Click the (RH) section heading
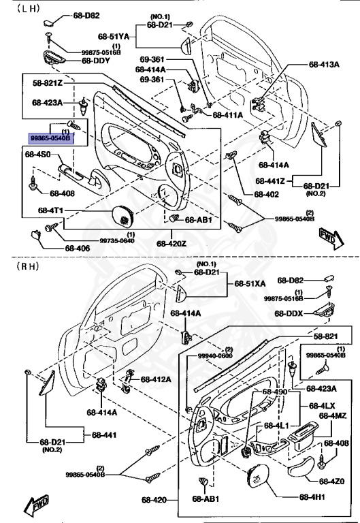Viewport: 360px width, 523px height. [28, 266]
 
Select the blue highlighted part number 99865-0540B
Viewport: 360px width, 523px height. [50, 138]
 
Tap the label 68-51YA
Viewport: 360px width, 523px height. [113, 35]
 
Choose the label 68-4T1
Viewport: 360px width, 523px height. [50, 210]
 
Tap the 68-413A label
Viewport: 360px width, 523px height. [324, 65]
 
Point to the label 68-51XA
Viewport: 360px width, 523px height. [251, 283]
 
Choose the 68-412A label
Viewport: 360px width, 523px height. [156, 379]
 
